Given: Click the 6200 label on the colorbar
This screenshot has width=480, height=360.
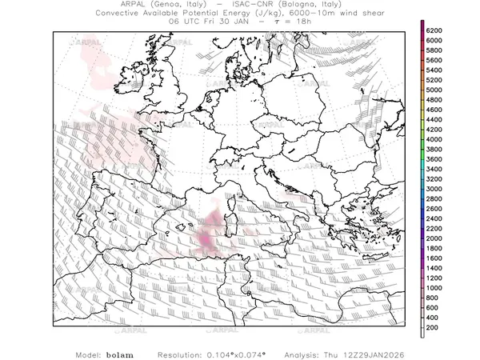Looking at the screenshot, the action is (x=435, y=30).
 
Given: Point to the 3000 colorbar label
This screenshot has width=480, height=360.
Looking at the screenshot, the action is (x=435, y=188).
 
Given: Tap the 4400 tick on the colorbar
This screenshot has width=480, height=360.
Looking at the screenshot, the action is (x=435, y=119).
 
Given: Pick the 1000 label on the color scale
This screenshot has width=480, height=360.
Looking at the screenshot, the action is (x=435, y=286).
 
